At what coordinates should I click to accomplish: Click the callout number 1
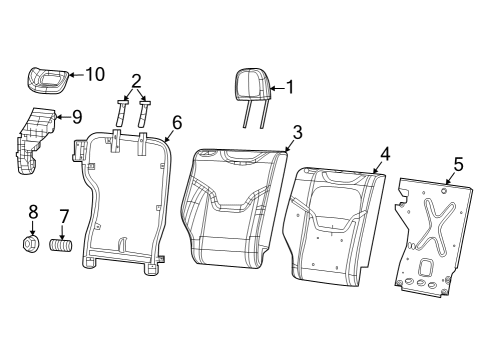290,87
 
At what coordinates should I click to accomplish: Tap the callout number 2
136,81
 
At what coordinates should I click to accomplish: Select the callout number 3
297,132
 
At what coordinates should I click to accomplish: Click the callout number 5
459,163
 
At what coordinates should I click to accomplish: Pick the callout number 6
176,122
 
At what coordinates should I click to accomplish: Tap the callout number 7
64,215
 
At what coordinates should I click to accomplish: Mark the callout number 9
76,116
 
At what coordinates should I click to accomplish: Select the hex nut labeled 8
32,242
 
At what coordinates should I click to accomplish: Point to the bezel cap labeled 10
46,77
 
